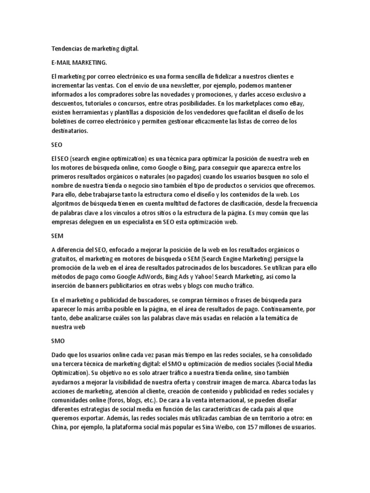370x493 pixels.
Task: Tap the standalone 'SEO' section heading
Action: [57, 144]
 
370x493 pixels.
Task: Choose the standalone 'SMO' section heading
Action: [58, 340]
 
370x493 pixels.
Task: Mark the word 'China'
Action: [60, 427]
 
